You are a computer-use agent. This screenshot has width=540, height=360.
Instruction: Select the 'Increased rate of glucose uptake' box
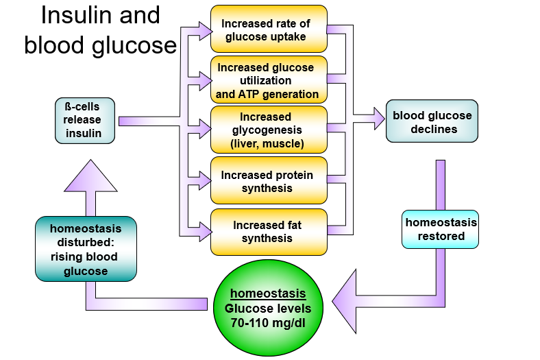(269, 29)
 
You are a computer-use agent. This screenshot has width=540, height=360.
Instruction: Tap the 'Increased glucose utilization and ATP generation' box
(269, 80)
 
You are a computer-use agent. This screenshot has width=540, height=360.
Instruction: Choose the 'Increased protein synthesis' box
(269, 181)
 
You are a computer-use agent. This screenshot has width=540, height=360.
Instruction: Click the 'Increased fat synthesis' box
(269, 231)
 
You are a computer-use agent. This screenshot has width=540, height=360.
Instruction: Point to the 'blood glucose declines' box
(432, 121)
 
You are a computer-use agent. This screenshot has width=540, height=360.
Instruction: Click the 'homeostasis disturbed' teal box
(86, 248)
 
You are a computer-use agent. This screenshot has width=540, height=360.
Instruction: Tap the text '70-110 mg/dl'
(269, 322)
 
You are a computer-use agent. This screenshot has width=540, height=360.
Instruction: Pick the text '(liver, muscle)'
(267, 144)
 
